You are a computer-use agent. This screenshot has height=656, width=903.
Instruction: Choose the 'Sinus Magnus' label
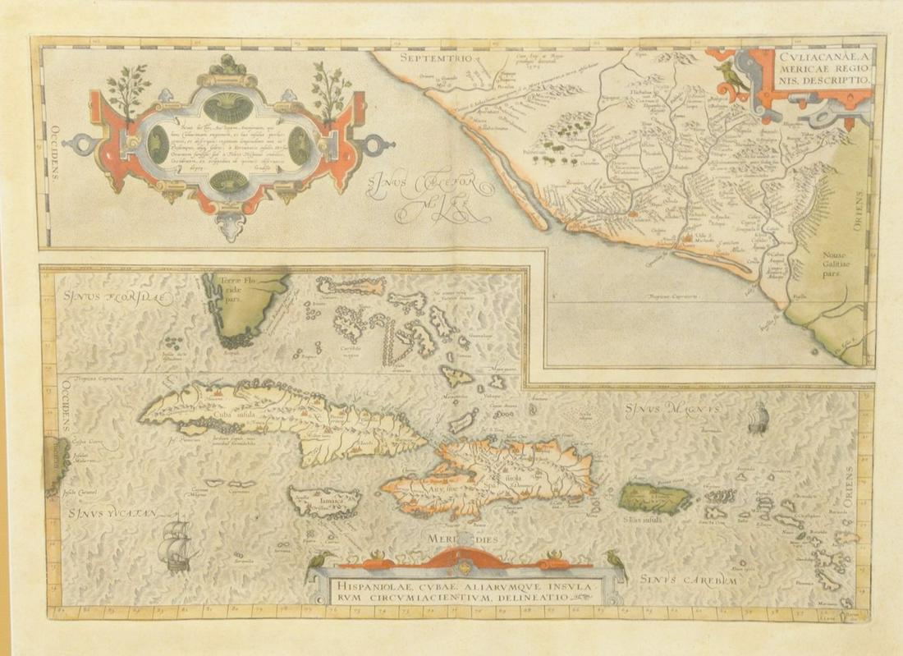672,407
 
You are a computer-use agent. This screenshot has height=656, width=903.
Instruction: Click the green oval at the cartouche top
227,106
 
